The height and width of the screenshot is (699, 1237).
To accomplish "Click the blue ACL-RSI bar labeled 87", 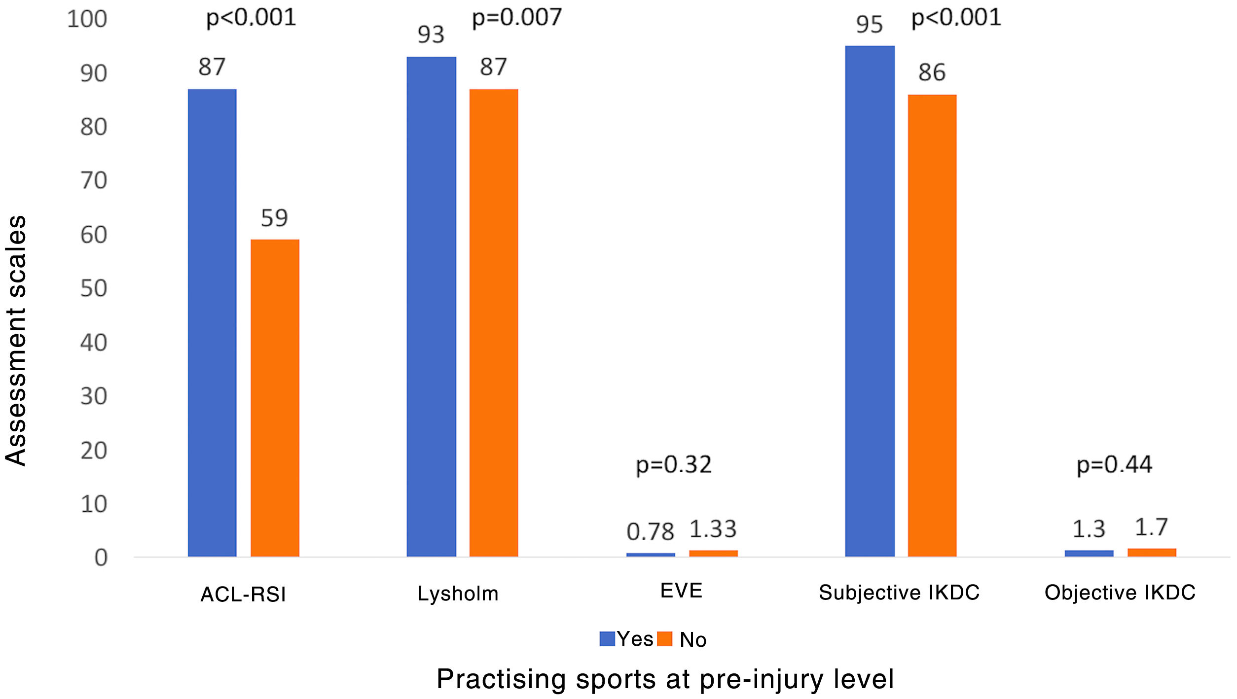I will click(212, 323).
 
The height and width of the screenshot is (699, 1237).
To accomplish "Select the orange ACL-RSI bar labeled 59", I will click(275, 398).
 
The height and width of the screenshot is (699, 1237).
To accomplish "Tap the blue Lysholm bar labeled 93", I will click(431, 307).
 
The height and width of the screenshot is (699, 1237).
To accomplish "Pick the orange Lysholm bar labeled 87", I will click(493, 323).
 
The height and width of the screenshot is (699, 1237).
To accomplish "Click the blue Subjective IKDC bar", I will click(870, 301).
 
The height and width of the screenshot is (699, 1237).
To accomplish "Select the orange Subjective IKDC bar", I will click(932, 325).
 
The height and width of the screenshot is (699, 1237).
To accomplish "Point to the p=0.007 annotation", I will click(516, 18).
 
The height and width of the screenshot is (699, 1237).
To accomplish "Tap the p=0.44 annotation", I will click(1114, 465).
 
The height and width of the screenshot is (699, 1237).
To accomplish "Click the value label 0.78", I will click(650, 532).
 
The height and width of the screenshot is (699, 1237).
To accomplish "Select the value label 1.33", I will click(713, 529).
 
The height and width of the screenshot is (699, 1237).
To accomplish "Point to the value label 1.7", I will click(1151, 528).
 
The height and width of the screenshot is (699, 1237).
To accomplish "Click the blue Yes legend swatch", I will click(607, 639).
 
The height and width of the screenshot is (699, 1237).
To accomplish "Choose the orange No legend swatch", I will click(664, 639).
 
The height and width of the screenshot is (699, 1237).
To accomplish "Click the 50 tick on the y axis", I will click(94, 289).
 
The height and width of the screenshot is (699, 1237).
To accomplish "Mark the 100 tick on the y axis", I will click(87, 19).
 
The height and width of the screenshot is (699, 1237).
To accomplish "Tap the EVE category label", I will click(681, 591).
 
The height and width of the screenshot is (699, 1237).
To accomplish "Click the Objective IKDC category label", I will click(1120, 593).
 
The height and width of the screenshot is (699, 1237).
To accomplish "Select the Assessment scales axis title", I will click(16, 340).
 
